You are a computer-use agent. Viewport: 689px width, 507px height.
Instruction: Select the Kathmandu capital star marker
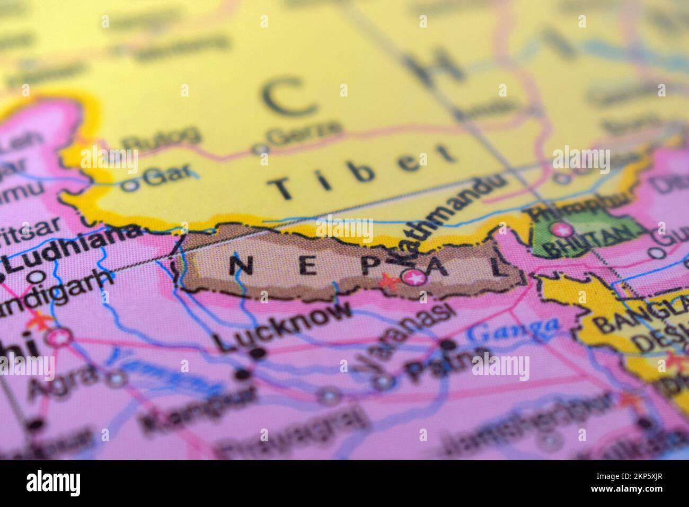coord(413,276)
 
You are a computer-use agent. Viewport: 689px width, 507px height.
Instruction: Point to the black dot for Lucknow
coord(258,353)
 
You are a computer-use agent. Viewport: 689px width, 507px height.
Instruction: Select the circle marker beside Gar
coord(129,186)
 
